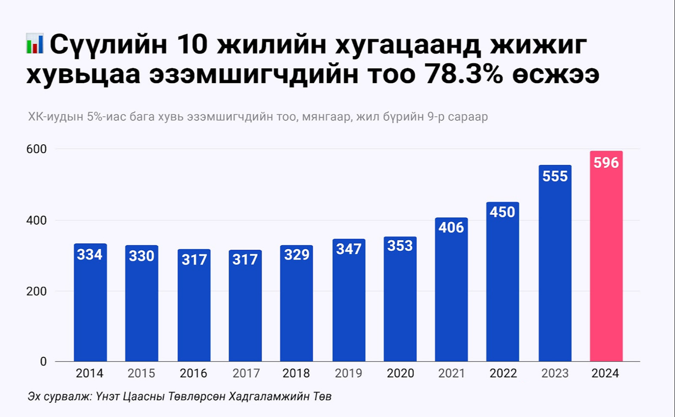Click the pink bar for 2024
606,256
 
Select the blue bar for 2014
90,302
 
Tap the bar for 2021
451,289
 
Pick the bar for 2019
349,300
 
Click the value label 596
606,163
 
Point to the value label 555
555,176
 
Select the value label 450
502,212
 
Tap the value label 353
400,246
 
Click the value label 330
141,256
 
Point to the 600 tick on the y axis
36,149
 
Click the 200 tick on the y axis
36,291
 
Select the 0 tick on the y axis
43,362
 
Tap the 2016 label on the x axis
193,374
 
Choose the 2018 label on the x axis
296,374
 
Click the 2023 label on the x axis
555,374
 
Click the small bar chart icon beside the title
35,43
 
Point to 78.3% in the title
465,74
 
